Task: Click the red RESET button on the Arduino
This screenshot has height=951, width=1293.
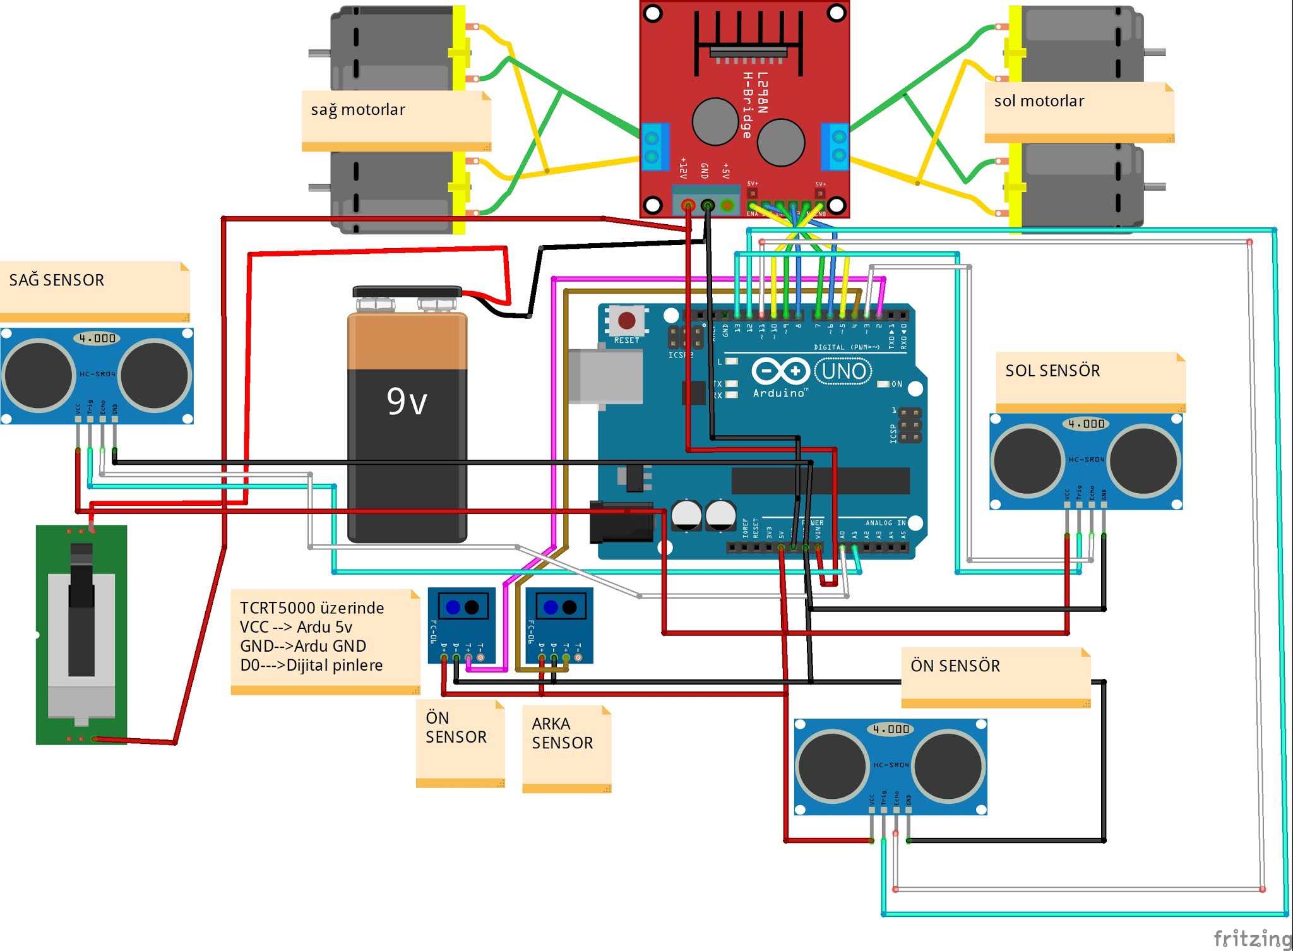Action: point(626,320)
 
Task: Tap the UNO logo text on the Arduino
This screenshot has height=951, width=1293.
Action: point(843,371)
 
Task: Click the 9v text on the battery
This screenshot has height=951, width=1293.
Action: point(407,402)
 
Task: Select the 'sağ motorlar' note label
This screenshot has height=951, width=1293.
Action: point(358,110)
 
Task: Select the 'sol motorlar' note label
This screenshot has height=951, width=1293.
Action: point(1039,101)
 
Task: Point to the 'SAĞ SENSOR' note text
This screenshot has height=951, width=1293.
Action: point(57,280)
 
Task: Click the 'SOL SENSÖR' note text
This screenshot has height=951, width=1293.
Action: point(1052,371)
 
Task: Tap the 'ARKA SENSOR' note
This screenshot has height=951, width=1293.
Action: point(562,733)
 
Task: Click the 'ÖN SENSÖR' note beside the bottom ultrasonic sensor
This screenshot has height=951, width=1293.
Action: point(955,666)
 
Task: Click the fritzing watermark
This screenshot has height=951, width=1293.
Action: point(1252,938)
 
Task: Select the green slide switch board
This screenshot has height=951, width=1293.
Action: point(81,635)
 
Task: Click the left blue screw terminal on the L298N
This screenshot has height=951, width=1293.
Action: point(654,147)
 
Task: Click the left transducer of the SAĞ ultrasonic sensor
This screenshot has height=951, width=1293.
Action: point(38,375)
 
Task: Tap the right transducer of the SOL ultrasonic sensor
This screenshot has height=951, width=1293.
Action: point(1143,460)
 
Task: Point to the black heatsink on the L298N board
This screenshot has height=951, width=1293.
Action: point(748,38)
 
